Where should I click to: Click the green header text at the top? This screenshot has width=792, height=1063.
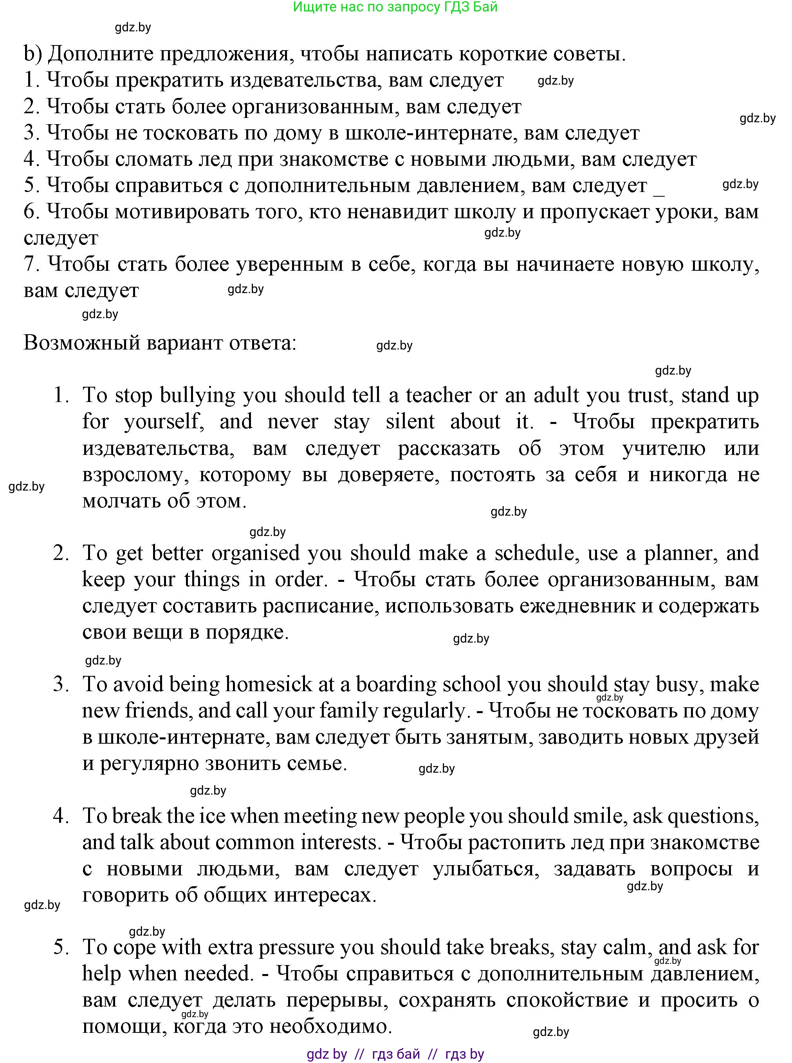(x=395, y=7)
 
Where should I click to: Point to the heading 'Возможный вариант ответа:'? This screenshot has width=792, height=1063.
(x=160, y=343)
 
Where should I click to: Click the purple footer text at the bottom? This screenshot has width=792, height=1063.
(x=395, y=1054)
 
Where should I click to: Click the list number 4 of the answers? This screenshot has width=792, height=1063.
(x=61, y=816)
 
